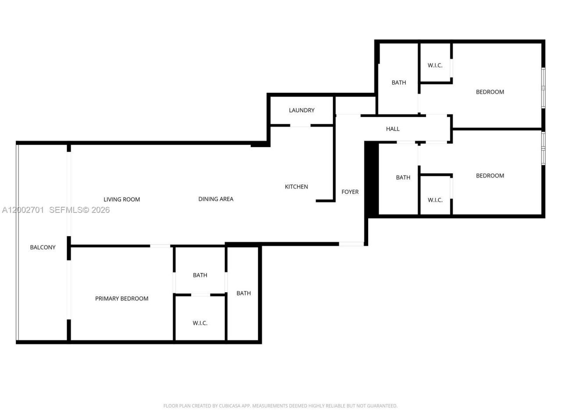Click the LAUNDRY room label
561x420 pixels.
302,110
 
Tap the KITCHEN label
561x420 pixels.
296,187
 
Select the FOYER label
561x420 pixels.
350,192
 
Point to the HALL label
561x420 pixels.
393,129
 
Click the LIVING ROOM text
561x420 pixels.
122,199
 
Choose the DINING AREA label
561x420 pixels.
216,199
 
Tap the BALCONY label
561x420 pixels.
43,247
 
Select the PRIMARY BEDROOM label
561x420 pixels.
122,298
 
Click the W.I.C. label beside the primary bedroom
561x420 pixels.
200,323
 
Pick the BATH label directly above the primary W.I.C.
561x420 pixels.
200,275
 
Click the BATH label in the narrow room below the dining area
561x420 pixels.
244,293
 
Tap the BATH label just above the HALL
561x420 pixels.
399,82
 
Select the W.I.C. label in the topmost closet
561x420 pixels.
435,65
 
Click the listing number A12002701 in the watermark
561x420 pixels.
23,210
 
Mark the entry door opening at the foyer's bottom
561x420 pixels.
351,244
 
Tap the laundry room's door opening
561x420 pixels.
301,126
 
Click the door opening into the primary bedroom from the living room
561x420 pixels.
160,246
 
